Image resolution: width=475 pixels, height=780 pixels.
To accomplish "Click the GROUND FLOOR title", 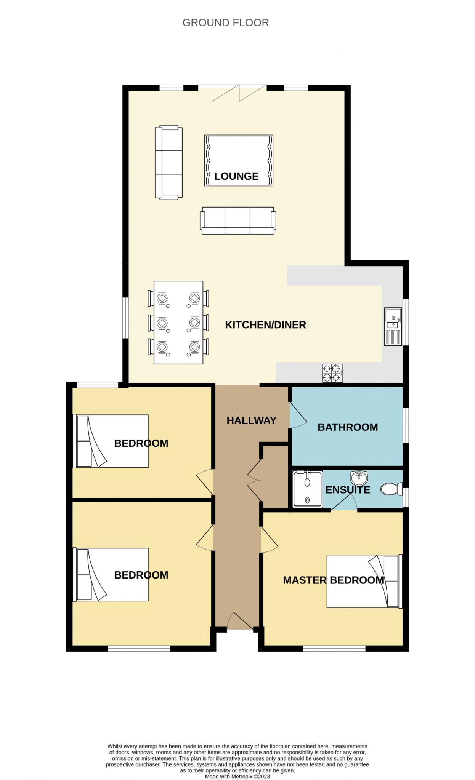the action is pyautogui.click(x=226, y=23).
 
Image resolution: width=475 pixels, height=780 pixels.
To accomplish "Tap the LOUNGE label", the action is pyautogui.click(x=236, y=176).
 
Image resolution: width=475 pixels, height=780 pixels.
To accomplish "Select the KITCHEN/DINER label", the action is pyautogui.click(x=266, y=325).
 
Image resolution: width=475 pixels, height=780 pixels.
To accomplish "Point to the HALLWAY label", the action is pyautogui.click(x=252, y=420).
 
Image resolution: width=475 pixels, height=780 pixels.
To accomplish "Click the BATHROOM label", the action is pyautogui.click(x=348, y=427).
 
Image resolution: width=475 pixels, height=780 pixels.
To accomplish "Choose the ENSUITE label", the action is pyautogui.click(x=348, y=490).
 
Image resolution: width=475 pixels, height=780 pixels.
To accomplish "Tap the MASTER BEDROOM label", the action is pyautogui.click(x=333, y=580).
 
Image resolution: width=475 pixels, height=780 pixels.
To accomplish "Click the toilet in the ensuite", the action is pyautogui.click(x=391, y=489).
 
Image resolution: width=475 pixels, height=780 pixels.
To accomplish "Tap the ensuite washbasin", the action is pyautogui.click(x=359, y=478).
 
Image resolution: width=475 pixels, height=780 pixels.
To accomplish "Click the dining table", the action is pyautogui.click(x=178, y=323).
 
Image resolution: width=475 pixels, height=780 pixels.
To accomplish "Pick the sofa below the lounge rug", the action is pyautogui.click(x=238, y=221).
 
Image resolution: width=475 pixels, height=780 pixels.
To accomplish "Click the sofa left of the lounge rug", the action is pyautogui.click(x=168, y=162).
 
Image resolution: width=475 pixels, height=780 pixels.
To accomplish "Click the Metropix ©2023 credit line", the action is pyautogui.click(x=237, y=777).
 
